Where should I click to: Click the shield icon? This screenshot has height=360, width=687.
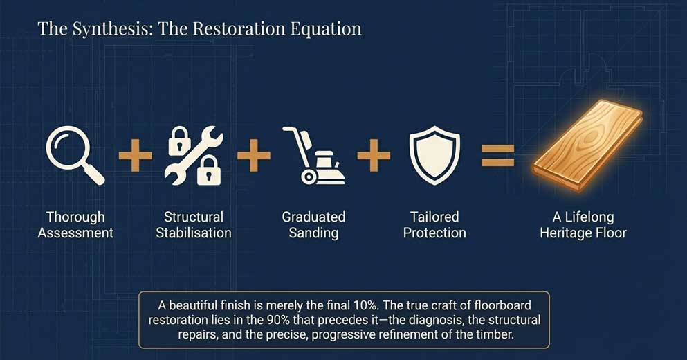click(x=434, y=154)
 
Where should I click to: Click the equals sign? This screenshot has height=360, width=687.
click(x=497, y=154)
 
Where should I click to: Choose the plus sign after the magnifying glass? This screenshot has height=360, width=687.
click(x=135, y=154)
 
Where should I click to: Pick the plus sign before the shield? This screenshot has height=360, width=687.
click(x=374, y=154)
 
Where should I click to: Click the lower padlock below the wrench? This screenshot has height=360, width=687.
click(x=208, y=171)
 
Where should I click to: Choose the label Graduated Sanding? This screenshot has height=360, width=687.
click(x=313, y=225)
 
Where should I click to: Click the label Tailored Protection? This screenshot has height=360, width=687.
click(x=434, y=225)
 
